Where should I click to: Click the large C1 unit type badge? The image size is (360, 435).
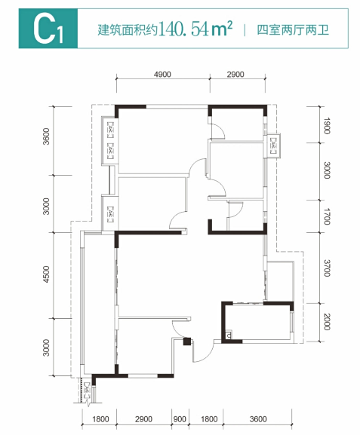[x=48, y=29]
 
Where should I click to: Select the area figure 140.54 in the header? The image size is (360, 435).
[x=184, y=29]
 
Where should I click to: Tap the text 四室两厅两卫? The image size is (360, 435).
[x=293, y=29]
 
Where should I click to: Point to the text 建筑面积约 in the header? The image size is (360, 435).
[x=128, y=30]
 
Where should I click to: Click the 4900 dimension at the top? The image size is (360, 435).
[x=162, y=75]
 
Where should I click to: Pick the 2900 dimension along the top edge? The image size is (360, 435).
[x=235, y=75]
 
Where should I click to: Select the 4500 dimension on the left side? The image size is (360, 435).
[x=46, y=274]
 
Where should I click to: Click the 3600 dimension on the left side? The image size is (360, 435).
[x=46, y=136]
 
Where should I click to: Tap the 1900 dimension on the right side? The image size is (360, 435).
[x=327, y=126]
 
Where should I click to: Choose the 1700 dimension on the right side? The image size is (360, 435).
[x=327, y=216]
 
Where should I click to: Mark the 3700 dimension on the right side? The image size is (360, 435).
[x=327, y=268]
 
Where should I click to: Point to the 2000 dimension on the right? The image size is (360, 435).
[x=327, y=322]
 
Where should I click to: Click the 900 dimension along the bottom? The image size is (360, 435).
[x=180, y=419]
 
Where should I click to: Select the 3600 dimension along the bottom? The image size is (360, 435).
[x=258, y=419]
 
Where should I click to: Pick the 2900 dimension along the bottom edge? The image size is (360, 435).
[x=143, y=419]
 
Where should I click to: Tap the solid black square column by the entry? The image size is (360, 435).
[x=187, y=342]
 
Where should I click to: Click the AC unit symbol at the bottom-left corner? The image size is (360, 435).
[x=88, y=391]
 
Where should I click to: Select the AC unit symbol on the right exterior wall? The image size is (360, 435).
[x=273, y=146]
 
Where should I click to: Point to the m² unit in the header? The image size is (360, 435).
[x=221, y=29]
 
